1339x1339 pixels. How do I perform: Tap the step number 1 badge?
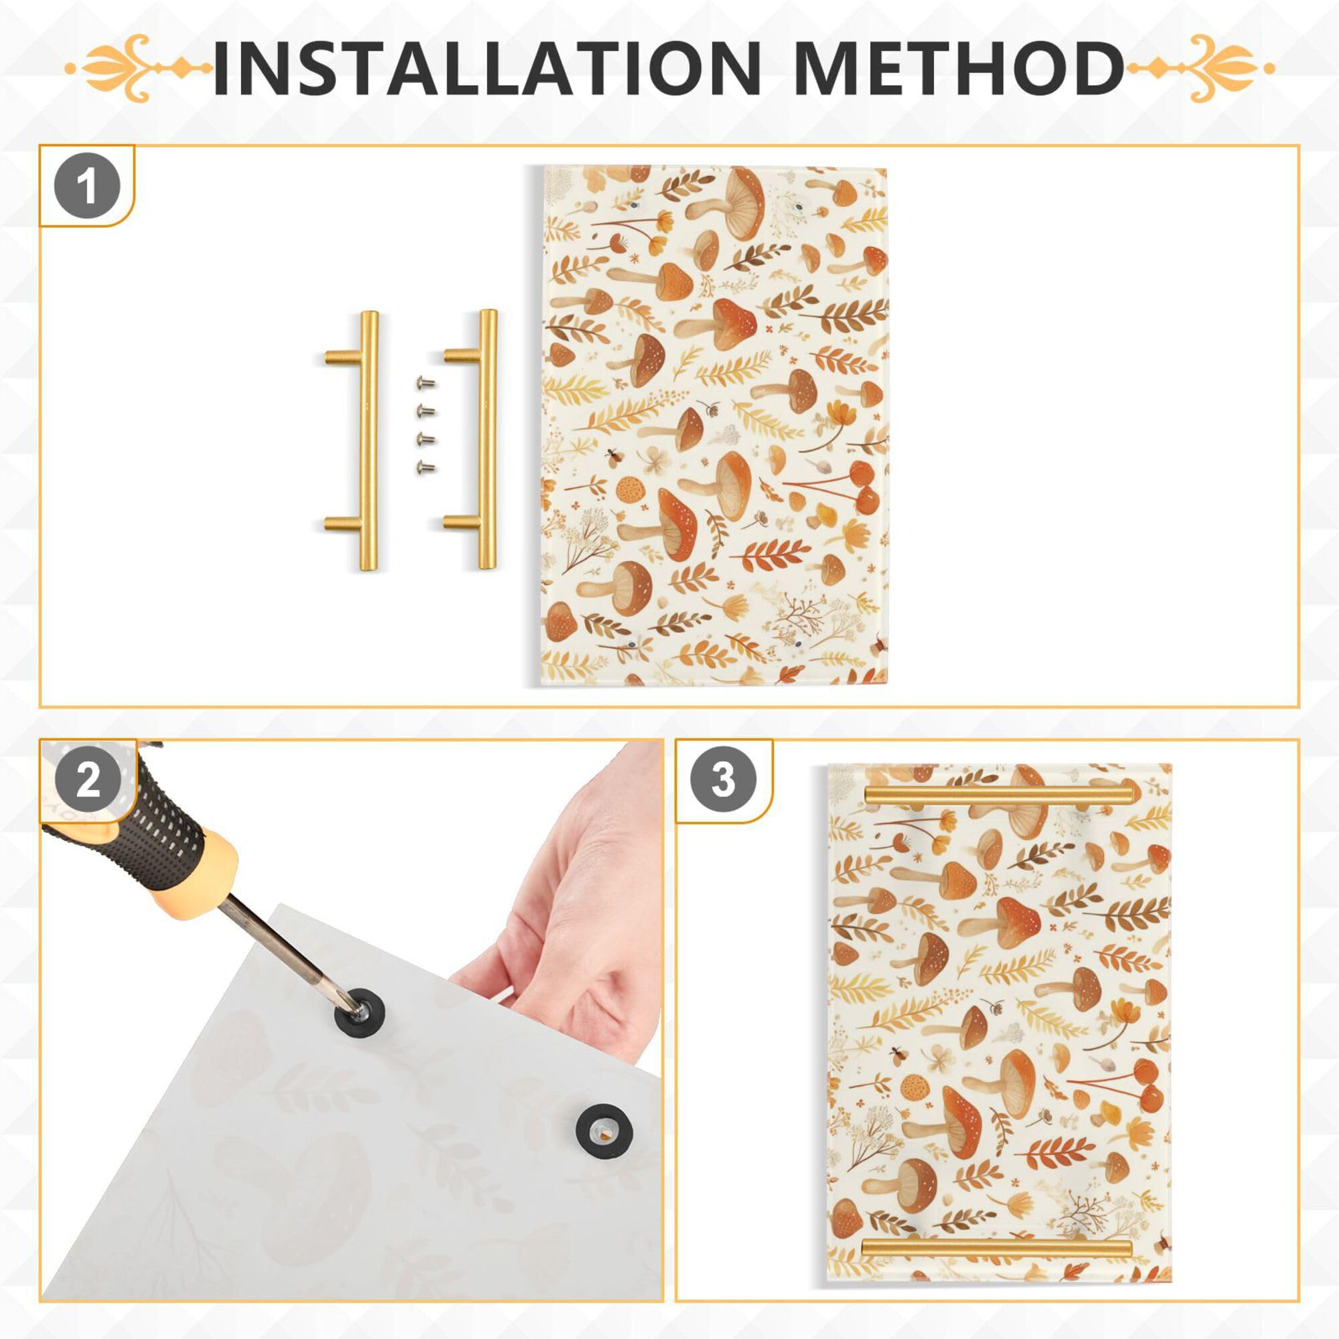pos(87,186)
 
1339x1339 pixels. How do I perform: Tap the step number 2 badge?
pos(87,782)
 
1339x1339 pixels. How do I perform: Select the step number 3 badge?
pos(723,781)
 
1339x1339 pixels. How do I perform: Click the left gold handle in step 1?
pos(368,441)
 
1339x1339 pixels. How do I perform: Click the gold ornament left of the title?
pos(139,68)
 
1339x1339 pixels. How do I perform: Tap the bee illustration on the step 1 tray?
pos(613,456)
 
